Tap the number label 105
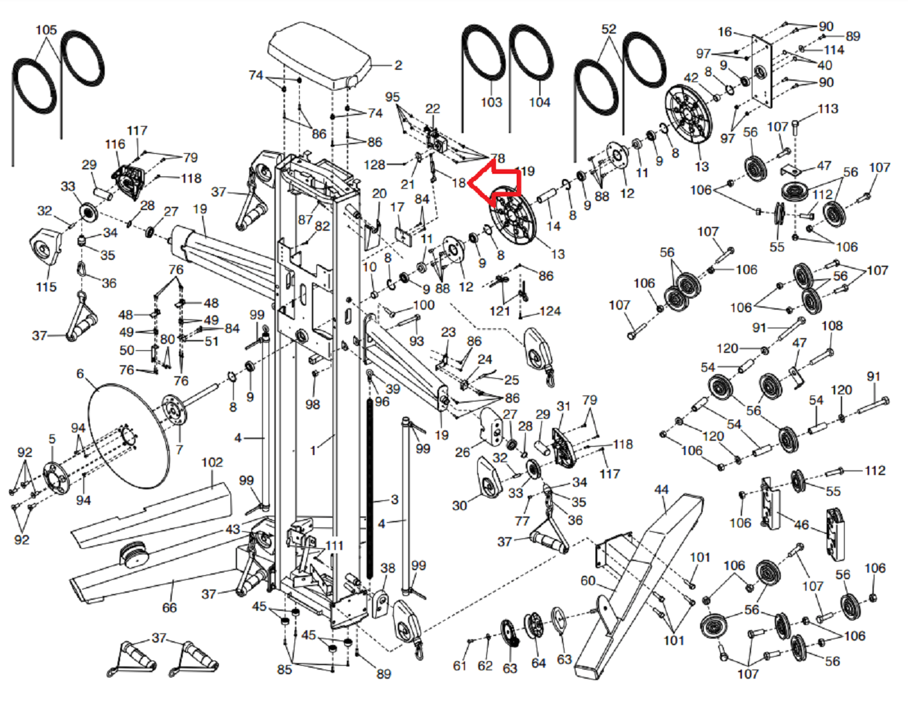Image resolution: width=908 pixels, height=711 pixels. click(46, 30)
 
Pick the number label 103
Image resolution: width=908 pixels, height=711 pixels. click(491, 102)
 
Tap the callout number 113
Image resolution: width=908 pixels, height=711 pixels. click(827, 109)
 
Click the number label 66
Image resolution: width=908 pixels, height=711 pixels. click(169, 608)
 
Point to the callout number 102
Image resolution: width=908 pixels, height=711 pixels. click(212, 462)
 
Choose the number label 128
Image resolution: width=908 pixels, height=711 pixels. click(375, 164)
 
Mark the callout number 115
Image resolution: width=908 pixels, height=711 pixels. click(46, 286)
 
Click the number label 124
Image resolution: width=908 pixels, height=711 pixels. click(550, 311)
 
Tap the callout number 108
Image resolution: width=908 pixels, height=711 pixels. click(832, 325)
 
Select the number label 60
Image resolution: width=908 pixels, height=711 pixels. click(588, 580)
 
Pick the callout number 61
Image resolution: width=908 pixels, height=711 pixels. click(459, 665)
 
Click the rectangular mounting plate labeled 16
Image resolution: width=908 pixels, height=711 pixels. click(761, 71)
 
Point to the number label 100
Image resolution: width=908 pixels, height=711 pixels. click(424, 304)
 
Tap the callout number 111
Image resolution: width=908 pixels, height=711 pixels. click(334, 546)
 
